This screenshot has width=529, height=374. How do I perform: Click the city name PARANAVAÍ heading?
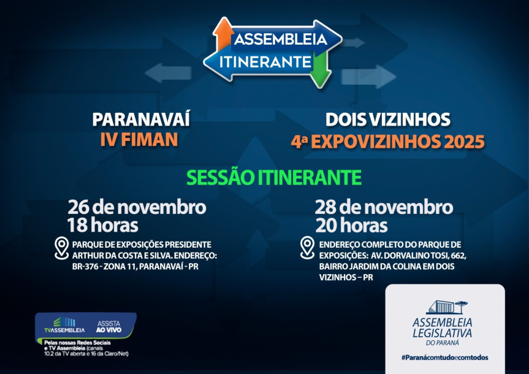(x=141, y=119)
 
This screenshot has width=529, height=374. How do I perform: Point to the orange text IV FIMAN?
(x=139, y=140)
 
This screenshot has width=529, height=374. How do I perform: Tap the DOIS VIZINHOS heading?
(x=388, y=119)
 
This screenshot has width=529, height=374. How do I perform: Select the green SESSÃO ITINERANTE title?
(x=273, y=177)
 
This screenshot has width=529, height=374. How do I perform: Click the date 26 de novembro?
(x=137, y=207)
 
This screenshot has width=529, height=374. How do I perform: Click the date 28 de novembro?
(x=384, y=207)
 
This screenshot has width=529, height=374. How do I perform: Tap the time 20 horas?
(x=351, y=225)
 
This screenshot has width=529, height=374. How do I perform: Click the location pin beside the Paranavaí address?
(x=61, y=248)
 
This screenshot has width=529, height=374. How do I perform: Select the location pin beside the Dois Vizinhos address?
(x=307, y=248)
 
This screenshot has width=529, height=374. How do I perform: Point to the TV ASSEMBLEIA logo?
(x=60, y=324)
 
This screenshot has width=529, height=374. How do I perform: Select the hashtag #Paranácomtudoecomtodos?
(x=444, y=357)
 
